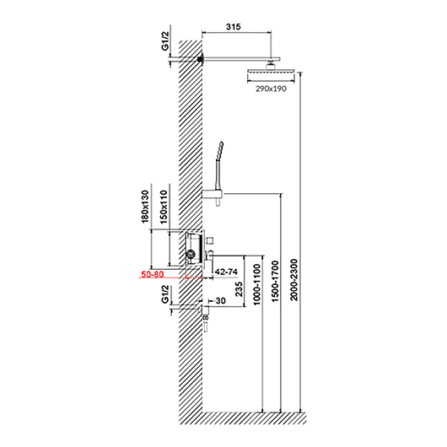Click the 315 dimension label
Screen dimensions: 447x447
233,26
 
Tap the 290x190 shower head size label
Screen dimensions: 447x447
271,89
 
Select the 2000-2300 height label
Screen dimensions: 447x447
294,280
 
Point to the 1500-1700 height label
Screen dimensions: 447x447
275,281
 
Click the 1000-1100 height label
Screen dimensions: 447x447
257,284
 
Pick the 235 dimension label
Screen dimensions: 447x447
239,289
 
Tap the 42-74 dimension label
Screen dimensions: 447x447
226,272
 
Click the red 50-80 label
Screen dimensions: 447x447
153,274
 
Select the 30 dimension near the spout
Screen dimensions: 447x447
220,301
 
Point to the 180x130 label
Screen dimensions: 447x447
145,207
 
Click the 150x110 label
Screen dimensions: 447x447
164,207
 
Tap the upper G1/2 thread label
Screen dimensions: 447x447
165,41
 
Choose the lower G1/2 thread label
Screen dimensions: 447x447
165,294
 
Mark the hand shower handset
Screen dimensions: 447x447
219,165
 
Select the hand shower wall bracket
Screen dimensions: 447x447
213,195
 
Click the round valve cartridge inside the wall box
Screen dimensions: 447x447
190,253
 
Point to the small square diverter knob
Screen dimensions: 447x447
210,240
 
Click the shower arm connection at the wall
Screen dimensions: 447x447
201,59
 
